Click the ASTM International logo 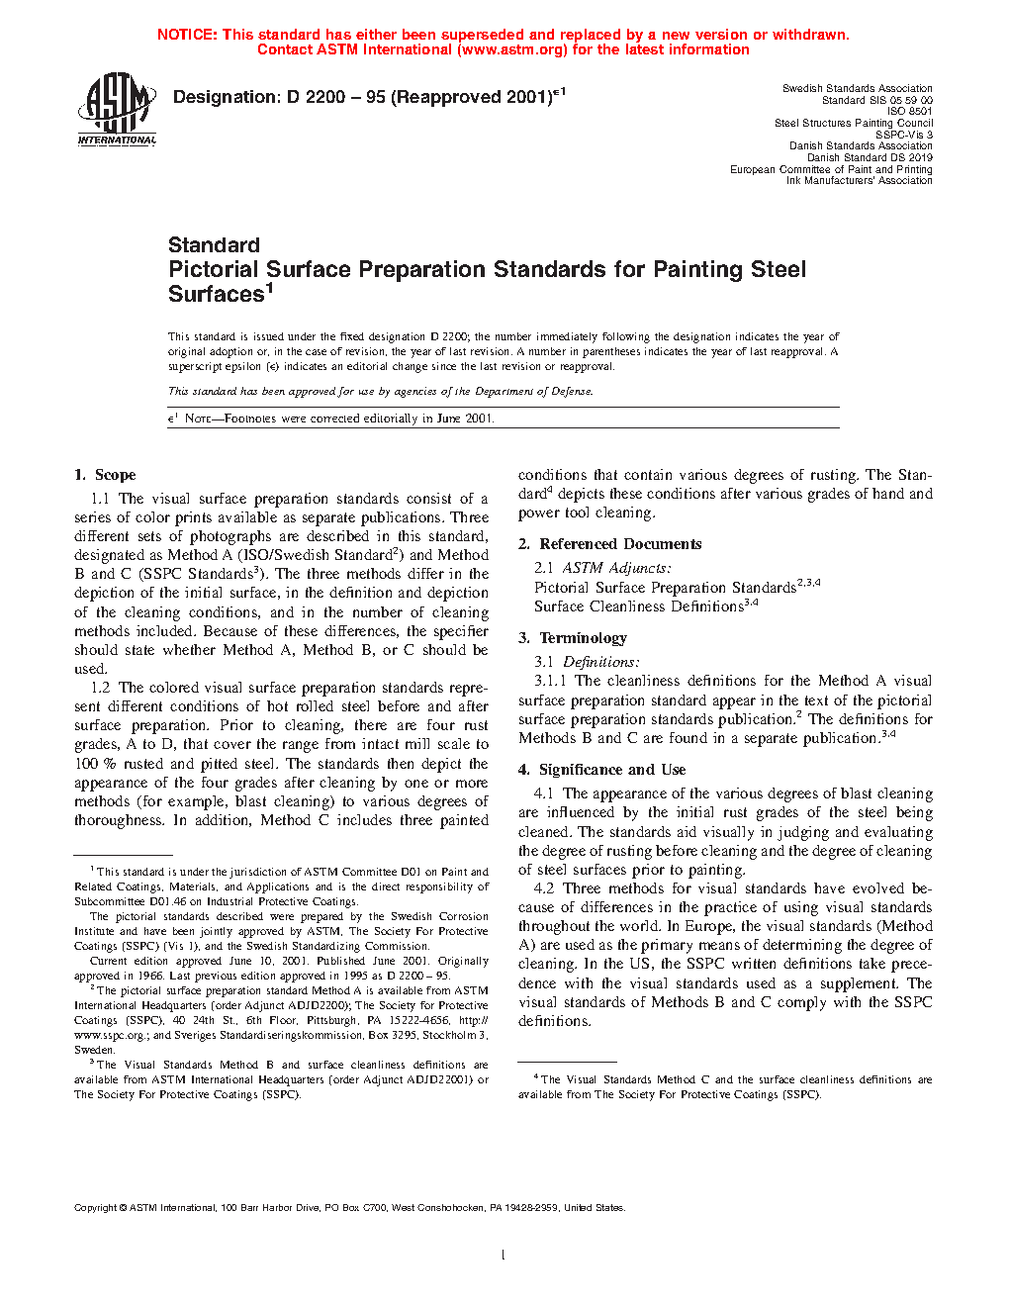pyautogui.click(x=117, y=110)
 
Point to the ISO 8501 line pyautogui.click(x=909, y=112)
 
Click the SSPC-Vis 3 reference pyautogui.click(x=903, y=135)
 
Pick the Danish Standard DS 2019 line pyautogui.click(x=869, y=157)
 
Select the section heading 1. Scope pyautogui.click(x=105, y=475)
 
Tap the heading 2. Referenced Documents pyautogui.click(x=609, y=544)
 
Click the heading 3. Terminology pyautogui.click(x=573, y=638)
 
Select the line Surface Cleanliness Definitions pyautogui.click(x=638, y=606)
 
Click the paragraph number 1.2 pyautogui.click(x=100, y=688)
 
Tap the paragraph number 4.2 pyautogui.click(x=543, y=888)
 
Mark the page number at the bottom pyautogui.click(x=504, y=1256)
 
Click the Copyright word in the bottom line pyautogui.click(x=96, y=1208)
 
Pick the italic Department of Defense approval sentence pyautogui.click(x=380, y=391)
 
